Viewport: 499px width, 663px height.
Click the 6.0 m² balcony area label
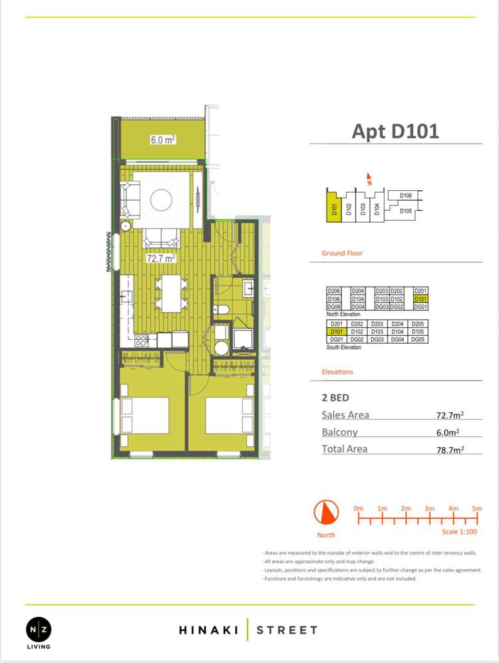pyautogui.click(x=162, y=140)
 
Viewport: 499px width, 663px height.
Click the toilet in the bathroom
pyautogui.click(x=222, y=310)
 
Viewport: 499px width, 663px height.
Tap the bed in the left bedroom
pyautogui.click(x=145, y=416)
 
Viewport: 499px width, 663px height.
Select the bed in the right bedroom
pyautogui.click(x=229, y=416)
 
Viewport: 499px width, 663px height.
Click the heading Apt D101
pyautogui.click(x=395, y=130)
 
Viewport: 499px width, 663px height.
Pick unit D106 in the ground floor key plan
pyautogui.click(x=407, y=196)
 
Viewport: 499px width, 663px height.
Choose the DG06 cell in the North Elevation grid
pyautogui.click(x=333, y=307)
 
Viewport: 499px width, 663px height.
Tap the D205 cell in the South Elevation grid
pyautogui.click(x=418, y=324)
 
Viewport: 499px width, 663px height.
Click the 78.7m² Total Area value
pyautogui.click(x=450, y=450)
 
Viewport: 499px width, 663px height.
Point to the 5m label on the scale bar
pyautogui.click(x=477, y=509)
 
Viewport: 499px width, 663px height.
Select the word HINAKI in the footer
pyautogui.click(x=206, y=630)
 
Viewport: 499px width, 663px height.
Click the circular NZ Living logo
pyautogui.click(x=38, y=628)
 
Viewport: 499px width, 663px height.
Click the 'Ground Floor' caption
pyautogui.click(x=342, y=253)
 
